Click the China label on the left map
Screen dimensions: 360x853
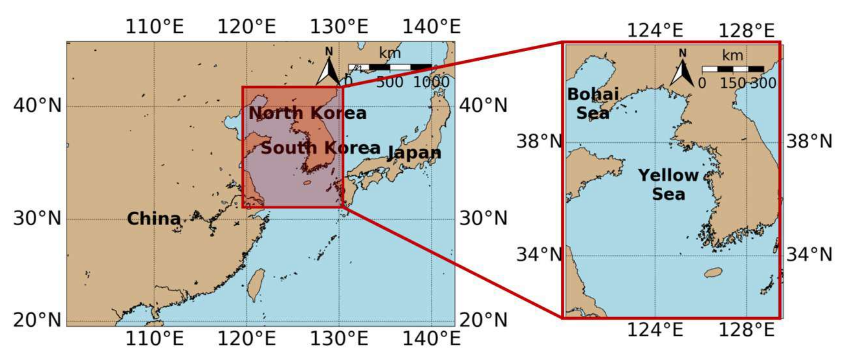[154, 219]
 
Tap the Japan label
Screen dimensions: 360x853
[414, 153]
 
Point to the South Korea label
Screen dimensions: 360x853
[321, 148]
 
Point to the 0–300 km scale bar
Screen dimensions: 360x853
[733, 69]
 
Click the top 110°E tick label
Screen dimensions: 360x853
[154, 26]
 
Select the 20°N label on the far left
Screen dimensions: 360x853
[37, 320]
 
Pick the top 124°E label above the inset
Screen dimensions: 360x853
[655, 30]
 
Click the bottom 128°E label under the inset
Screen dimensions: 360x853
[746, 330]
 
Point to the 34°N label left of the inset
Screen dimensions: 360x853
[539, 255]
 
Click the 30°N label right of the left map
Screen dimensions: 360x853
[483, 219]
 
